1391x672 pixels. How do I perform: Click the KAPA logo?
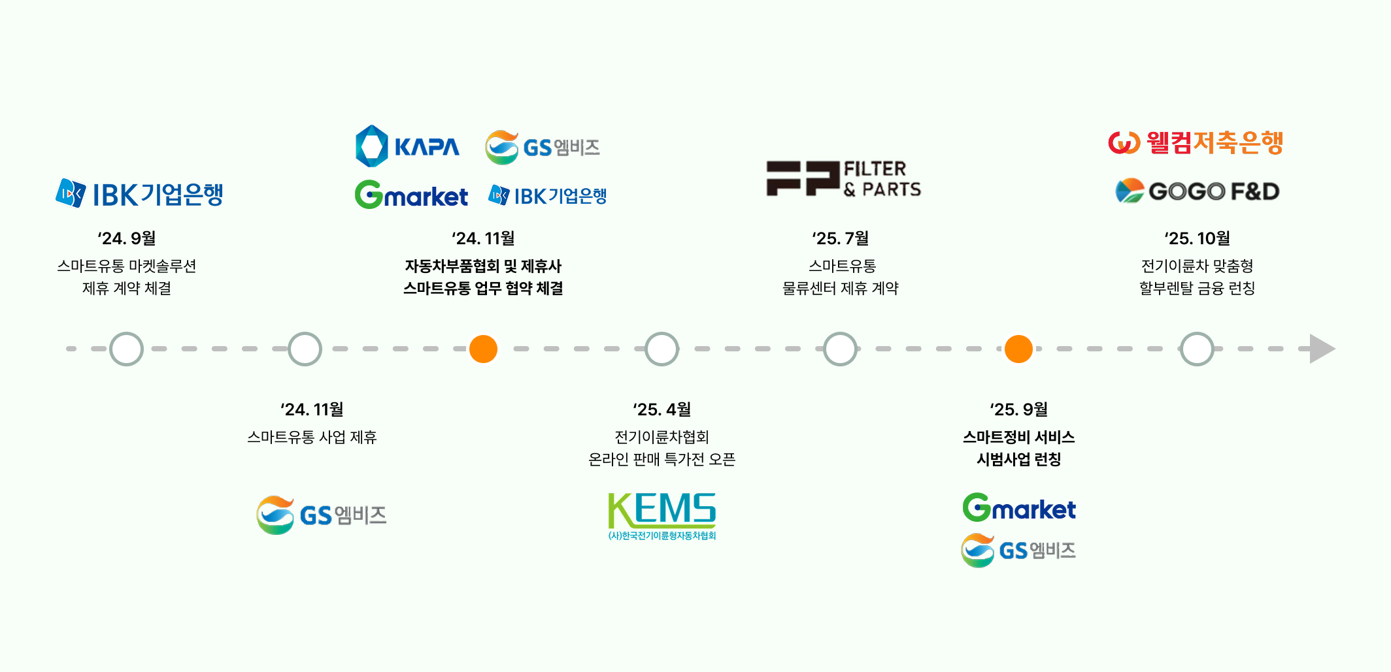(x=407, y=146)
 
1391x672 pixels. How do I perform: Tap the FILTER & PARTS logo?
(x=843, y=179)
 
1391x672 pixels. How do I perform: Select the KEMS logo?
(x=662, y=516)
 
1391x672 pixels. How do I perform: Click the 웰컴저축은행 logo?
(x=1196, y=142)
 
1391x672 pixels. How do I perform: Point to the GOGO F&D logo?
(x=1197, y=191)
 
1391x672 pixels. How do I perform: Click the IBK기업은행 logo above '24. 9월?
(x=139, y=194)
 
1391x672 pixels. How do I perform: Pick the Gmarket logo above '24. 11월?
(x=411, y=195)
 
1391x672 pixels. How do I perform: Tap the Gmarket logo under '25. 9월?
(x=1018, y=507)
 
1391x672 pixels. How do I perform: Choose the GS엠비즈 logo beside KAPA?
(x=543, y=147)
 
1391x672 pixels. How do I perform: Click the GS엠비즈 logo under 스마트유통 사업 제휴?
(x=321, y=515)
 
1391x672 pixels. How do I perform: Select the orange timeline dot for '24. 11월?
(x=484, y=349)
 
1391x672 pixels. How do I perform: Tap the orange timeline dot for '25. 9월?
(x=1018, y=349)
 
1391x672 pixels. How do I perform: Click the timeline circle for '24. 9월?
(x=126, y=349)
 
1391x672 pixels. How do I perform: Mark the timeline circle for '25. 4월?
(x=662, y=349)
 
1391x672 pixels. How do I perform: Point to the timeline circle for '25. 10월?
(x=1197, y=349)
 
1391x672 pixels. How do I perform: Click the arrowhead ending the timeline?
(x=1321, y=349)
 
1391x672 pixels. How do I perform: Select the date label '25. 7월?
(x=840, y=238)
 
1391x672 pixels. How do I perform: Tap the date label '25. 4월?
(x=662, y=409)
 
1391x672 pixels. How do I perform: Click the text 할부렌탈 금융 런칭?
(x=1197, y=288)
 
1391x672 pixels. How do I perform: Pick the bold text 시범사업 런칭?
(x=1018, y=459)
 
